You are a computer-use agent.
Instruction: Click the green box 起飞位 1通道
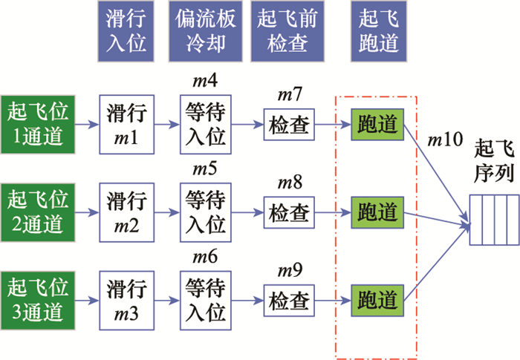coord(38,122)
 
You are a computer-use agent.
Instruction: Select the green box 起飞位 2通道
coord(38,211)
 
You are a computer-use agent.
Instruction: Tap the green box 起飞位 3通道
coord(38,300)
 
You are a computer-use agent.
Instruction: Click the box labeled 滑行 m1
coord(126,122)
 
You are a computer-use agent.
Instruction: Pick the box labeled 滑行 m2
coord(126,211)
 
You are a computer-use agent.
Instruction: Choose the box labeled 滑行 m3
coord(126,300)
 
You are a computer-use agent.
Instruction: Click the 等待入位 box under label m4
coord(205,122)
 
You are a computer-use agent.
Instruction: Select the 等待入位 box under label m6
coord(205,300)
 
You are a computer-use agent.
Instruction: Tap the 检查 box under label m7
coord(289,123)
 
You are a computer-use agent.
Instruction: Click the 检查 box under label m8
coord(289,212)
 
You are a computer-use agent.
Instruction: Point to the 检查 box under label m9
coord(289,301)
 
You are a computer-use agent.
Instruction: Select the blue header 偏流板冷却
coord(206,31)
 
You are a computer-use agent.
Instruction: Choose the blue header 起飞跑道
coord(377,31)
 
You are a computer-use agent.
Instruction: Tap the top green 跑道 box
coord(377,123)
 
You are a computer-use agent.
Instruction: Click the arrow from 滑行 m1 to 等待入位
coord(166,123)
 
